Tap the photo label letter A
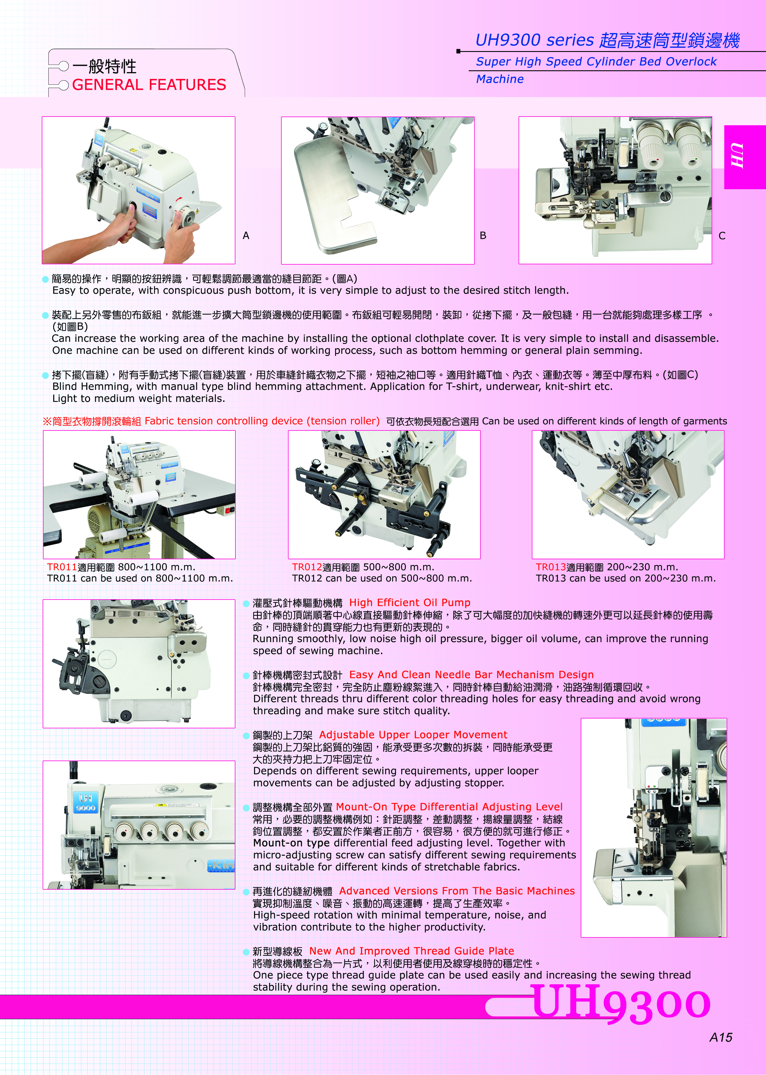click(246, 235)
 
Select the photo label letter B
click(483, 235)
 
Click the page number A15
click(721, 1037)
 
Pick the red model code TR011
click(62, 567)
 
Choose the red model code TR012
click(307, 567)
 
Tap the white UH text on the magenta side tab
click(737, 156)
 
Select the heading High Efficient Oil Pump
click(410, 603)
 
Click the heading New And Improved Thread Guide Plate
click(412, 951)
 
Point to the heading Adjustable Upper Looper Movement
click(413, 735)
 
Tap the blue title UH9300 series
click(534, 40)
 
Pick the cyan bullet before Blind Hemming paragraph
click(45, 375)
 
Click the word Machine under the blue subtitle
click(500, 79)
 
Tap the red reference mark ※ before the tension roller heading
click(47, 421)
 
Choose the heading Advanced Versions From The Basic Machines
click(457, 891)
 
